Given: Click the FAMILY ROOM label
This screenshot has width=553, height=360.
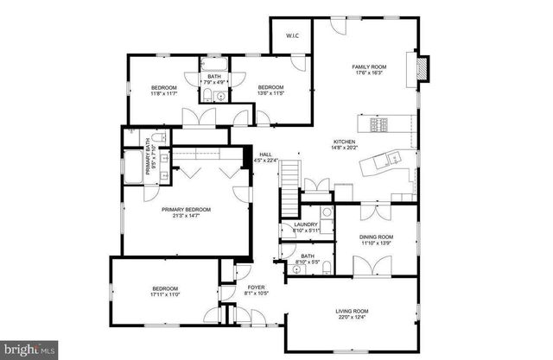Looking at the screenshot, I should tap(368, 66).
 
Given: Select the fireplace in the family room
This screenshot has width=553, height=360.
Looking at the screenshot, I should tap(423, 68).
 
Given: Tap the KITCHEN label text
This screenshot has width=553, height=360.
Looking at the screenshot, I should tap(345, 142).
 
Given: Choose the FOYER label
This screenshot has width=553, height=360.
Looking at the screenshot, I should tap(255, 287).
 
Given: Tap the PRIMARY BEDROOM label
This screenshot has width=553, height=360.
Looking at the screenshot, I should tap(186, 209).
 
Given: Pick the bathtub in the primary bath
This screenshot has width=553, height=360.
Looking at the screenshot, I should tap(134, 167).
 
